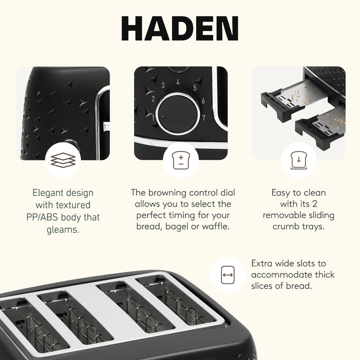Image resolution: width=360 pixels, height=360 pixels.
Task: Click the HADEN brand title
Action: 180,29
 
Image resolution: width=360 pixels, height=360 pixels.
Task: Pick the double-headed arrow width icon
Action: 227,275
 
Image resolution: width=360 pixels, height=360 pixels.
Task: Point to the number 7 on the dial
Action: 203,117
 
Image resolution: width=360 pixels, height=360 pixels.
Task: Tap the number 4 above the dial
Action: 178,83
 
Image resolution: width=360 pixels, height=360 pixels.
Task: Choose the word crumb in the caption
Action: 286,226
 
